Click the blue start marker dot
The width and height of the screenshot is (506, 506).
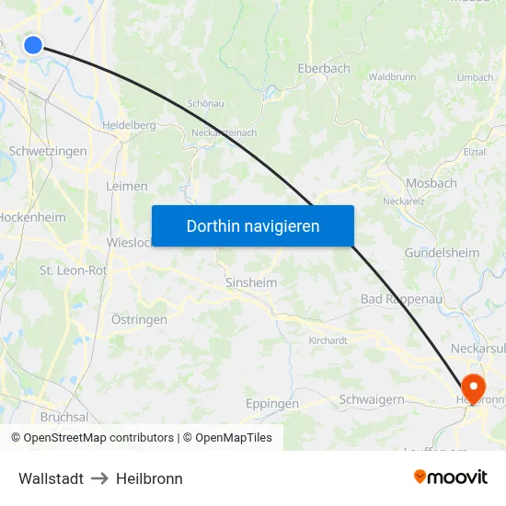pyautogui.click(x=33, y=44)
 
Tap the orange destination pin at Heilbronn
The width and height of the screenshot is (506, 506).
pyautogui.click(x=474, y=386)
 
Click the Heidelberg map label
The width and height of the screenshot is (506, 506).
pyautogui.click(x=128, y=124)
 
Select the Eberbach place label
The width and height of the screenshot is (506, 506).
pyautogui.click(x=324, y=68)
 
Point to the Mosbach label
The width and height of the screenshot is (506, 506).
pyautogui.click(x=431, y=183)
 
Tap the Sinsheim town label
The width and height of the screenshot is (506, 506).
pyautogui.click(x=251, y=283)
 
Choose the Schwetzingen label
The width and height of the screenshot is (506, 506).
pyautogui.click(x=47, y=151)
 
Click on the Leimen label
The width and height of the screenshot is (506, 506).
pyautogui.click(x=127, y=186)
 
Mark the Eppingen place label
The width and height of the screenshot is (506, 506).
pyautogui.click(x=272, y=404)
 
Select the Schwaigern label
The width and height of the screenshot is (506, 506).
pyautogui.click(x=372, y=399)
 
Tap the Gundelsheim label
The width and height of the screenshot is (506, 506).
pyautogui.click(x=442, y=252)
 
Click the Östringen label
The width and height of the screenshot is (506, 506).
pyautogui.click(x=139, y=320)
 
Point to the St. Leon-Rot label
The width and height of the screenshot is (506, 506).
pyautogui.click(x=73, y=270)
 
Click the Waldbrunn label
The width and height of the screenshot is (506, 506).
pyautogui.click(x=393, y=77)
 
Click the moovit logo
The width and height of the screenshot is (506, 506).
pyautogui.click(x=451, y=477)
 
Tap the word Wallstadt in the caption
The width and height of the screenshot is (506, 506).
pyautogui.click(x=51, y=478)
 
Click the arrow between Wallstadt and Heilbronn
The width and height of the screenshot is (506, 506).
pyautogui.click(x=99, y=478)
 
